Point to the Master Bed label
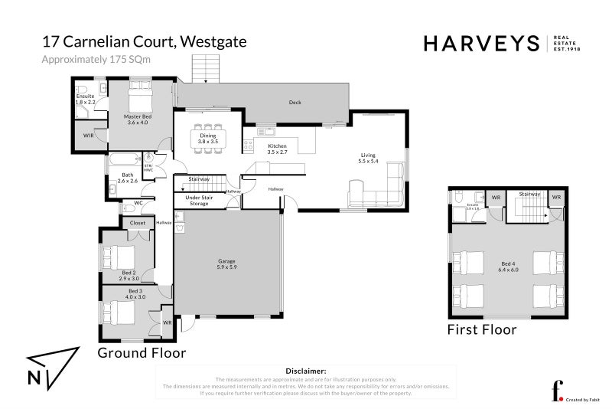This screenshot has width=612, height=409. pyautogui.click(x=138, y=119)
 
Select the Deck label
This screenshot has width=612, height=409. pyautogui.click(x=295, y=102)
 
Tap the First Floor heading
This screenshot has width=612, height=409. pyautogui.click(x=481, y=329)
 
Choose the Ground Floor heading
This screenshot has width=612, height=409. pyautogui.click(x=141, y=353)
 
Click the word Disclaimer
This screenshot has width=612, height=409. pyautogui.click(x=305, y=370)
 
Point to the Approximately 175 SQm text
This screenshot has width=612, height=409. pyautogui.click(x=96, y=59)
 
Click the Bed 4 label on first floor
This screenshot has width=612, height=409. pyautogui.click(x=508, y=267)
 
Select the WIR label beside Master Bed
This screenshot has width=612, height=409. pyautogui.click(x=88, y=135)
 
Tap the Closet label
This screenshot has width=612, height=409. pyautogui.click(x=138, y=223)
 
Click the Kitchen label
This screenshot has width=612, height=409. pyautogui.click(x=277, y=148)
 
